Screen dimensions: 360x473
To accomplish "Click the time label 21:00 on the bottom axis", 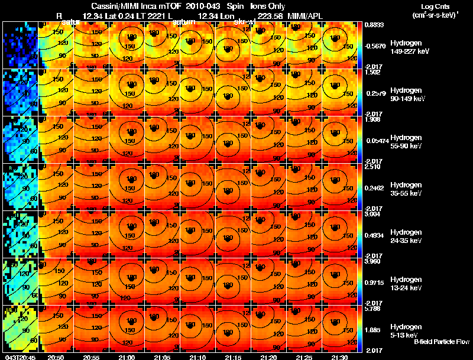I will tap(127, 357).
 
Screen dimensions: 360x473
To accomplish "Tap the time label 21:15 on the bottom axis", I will tap(233, 357).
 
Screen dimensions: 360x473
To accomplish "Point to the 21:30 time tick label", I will tap(339, 357).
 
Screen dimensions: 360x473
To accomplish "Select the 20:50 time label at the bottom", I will tap(56, 357).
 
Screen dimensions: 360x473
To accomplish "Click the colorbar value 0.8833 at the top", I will tap(372, 24).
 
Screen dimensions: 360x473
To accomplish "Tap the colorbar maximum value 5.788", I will tap(372, 309).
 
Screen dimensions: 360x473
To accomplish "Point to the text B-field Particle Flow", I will tap(442, 342).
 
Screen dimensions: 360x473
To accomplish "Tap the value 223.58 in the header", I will tap(267, 15).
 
